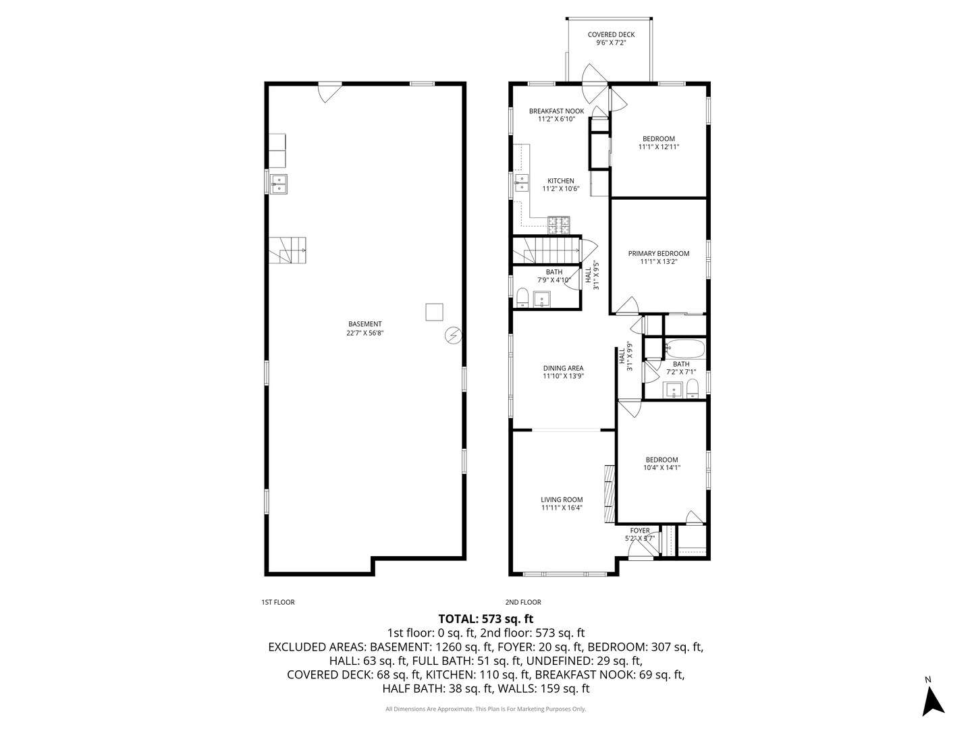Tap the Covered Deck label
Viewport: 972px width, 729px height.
pyautogui.click(x=611, y=34)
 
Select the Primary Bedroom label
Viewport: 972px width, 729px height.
pyautogui.click(x=659, y=254)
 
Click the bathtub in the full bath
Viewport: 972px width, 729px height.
pyautogui.click(x=684, y=349)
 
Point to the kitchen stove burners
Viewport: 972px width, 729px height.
pyautogui.click(x=558, y=225)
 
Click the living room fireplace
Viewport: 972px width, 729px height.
pyautogui.click(x=610, y=493)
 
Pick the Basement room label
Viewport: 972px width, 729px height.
pyautogui.click(x=365, y=324)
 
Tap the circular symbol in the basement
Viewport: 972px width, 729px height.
pyautogui.click(x=453, y=336)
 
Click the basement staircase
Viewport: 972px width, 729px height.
pyautogui.click(x=288, y=250)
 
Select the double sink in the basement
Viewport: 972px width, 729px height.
pyautogui.click(x=279, y=184)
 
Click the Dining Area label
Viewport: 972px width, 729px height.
pyautogui.click(x=563, y=369)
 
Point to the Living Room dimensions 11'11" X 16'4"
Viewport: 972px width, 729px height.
pyautogui.click(x=562, y=508)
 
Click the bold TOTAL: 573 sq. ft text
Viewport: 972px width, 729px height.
pyautogui.click(x=486, y=618)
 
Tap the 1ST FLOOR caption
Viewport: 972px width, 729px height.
pyautogui.click(x=278, y=602)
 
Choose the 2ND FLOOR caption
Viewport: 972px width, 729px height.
pyautogui.click(x=523, y=602)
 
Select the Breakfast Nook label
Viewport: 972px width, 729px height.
pyautogui.click(x=557, y=111)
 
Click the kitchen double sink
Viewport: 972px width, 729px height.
pyautogui.click(x=522, y=182)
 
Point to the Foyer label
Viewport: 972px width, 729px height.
pyautogui.click(x=640, y=531)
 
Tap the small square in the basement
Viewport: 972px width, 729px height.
pyautogui.click(x=435, y=312)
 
